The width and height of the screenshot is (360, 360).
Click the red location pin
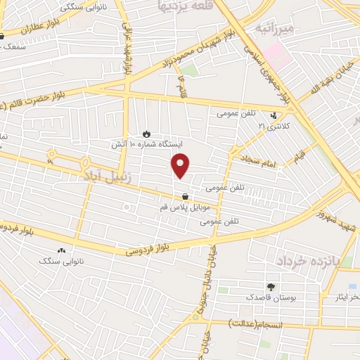[181, 166]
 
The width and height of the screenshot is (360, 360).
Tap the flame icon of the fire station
[146, 132]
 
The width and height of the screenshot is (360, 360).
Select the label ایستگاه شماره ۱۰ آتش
[146, 143]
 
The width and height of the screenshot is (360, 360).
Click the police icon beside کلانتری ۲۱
[274, 115]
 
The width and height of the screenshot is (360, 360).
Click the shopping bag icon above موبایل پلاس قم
[184, 197]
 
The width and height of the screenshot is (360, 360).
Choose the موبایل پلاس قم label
[184, 208]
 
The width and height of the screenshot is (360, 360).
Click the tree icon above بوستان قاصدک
[271, 287]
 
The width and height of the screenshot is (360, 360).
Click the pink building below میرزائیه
[278, 55]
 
